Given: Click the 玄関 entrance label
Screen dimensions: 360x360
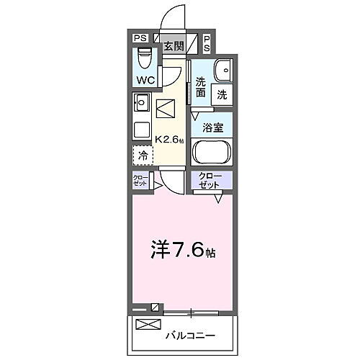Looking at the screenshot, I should [173, 46].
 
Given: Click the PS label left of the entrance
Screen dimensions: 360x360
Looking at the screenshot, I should [140, 38].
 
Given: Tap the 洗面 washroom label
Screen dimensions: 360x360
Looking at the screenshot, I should [200, 88].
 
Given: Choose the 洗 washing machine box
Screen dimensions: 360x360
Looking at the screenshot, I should [222, 94].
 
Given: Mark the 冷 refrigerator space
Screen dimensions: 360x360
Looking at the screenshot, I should [143, 155].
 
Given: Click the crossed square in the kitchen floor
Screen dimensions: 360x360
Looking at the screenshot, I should [166, 109].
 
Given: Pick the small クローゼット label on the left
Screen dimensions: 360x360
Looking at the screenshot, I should [140, 181].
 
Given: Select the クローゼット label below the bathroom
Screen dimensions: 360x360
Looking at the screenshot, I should [212, 181].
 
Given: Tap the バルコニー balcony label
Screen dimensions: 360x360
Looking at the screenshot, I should [192, 336].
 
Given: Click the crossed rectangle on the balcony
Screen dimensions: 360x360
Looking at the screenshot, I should [148, 325].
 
